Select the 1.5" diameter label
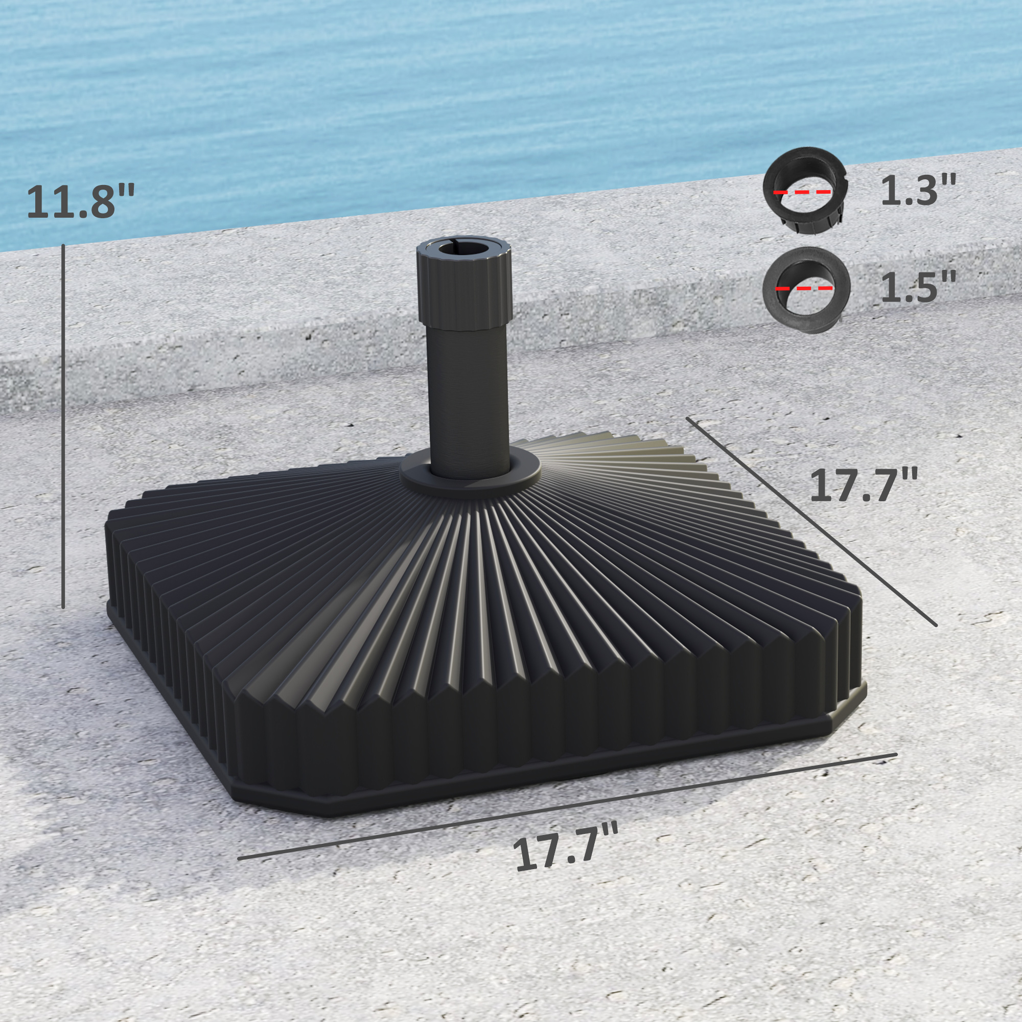(x=918, y=287)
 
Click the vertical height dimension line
(x=63, y=426)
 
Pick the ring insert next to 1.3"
(x=805, y=191)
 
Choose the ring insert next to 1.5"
(x=806, y=290)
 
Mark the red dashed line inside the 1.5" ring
(x=804, y=288)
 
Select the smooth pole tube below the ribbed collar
(x=469, y=391)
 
